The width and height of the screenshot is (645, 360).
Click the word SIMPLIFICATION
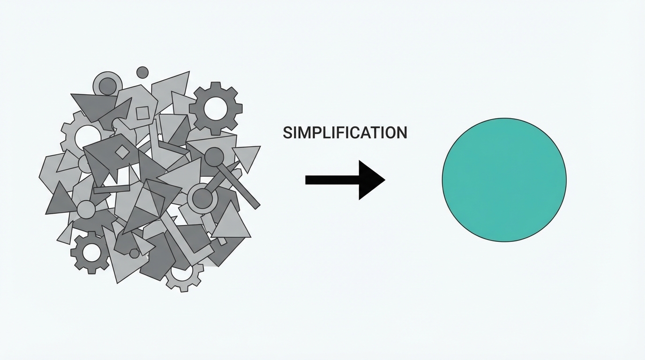click(x=345, y=133)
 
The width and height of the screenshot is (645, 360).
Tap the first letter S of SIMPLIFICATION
click(x=287, y=133)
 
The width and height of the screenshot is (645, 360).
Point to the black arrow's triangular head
click(x=370, y=180)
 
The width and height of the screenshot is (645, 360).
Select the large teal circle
click(x=504, y=180)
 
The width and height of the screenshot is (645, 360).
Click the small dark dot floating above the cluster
click(x=142, y=72)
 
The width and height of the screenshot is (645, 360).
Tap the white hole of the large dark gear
click(x=216, y=109)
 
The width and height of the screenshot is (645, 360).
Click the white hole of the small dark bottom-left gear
click(x=91, y=252)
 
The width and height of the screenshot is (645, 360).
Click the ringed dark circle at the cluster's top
click(x=107, y=86)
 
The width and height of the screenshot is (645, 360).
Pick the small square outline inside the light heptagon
click(x=142, y=113)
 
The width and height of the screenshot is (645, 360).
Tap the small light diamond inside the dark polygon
click(x=122, y=152)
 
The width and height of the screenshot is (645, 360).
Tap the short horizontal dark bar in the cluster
click(x=112, y=189)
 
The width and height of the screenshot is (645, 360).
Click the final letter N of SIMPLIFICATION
click(x=402, y=133)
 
